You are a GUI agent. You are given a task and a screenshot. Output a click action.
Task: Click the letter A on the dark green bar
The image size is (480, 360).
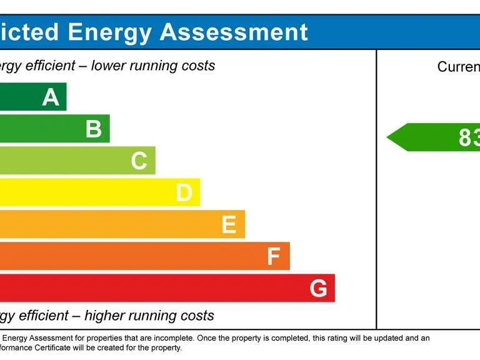coord(51,97)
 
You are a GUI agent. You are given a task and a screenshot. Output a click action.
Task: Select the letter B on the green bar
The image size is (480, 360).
coord(94,129)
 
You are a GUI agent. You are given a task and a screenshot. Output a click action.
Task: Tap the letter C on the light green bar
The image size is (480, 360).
coord(139,161)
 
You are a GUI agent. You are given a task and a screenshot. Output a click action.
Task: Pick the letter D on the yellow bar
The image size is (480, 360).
coord(184,193)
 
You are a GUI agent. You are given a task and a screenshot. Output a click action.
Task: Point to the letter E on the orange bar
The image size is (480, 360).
coord(229,225)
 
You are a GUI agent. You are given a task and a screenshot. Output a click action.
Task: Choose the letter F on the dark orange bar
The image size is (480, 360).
coord(273,257)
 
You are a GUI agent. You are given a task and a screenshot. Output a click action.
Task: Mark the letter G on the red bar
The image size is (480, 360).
coord(318,289)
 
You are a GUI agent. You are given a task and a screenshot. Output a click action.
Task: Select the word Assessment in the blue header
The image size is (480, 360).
coord(234,32)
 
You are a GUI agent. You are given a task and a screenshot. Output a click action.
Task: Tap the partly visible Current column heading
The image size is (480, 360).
coord(458,67)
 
